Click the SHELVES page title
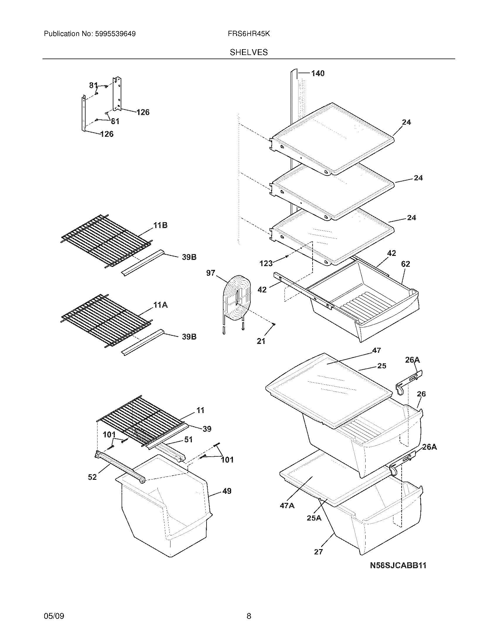tap(249, 52)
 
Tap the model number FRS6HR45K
tap(249, 34)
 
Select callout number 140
tap(318, 73)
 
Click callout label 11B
tap(160, 226)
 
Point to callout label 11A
tap(160, 305)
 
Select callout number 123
tap(266, 263)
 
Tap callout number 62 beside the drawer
tap(405, 264)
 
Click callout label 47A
tap(287, 506)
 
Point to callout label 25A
tap(314, 518)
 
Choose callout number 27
tap(318, 552)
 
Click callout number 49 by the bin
tap(226, 491)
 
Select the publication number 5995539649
tap(115, 34)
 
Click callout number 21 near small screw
tap(261, 341)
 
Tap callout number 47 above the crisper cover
tap(376, 350)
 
